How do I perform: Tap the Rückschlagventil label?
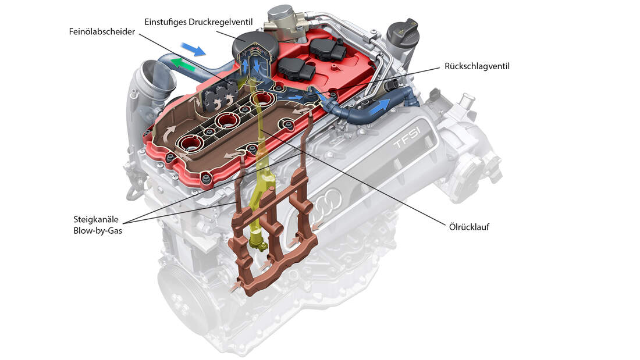point(477,66)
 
